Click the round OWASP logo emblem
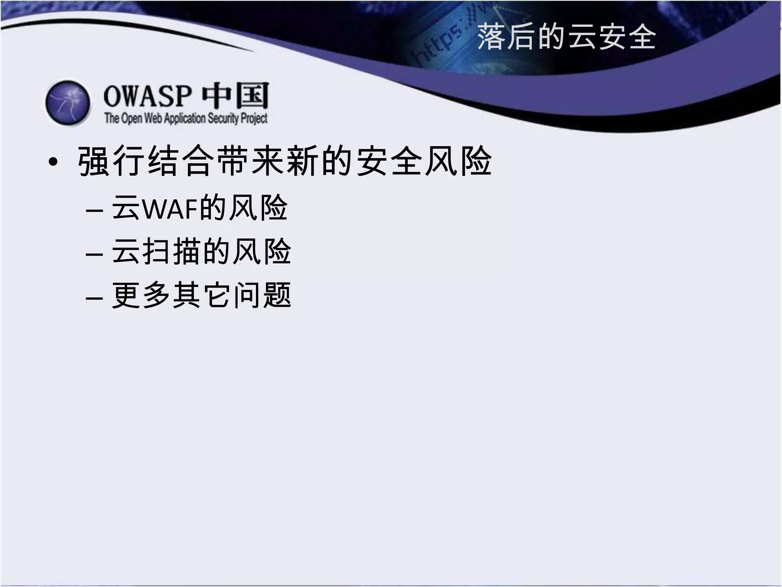pos(68,103)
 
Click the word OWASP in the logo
pos(147,96)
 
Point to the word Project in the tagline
pos(254,118)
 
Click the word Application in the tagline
pos(185,118)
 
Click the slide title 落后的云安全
pos(566,37)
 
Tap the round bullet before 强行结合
pos(53,162)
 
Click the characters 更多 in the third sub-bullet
pos(141,295)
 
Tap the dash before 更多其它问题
pos(94,297)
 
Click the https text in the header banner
pos(439,46)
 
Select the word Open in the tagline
pos(132,118)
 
